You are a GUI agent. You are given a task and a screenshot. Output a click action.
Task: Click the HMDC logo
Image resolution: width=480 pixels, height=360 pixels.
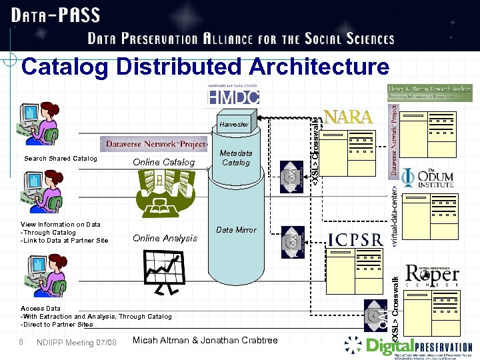233,96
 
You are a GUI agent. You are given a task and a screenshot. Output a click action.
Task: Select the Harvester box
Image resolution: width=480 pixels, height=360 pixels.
233,125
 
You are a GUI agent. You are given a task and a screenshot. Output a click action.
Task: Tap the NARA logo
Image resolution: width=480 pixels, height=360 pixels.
347,117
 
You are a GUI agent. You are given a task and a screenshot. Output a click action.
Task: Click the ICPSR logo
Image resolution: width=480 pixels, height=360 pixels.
355,239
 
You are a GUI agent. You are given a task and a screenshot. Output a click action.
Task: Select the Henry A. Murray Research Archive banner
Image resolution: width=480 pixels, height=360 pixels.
430,93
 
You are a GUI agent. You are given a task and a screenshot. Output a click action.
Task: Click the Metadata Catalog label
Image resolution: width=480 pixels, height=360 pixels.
236,157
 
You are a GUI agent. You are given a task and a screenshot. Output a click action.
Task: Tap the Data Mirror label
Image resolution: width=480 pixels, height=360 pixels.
236,230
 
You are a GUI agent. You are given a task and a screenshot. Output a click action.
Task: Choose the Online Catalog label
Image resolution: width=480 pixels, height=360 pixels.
163,162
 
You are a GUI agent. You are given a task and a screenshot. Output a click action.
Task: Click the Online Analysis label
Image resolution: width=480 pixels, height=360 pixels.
165,238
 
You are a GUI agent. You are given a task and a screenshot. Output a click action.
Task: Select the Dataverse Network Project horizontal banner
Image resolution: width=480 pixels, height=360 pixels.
155,143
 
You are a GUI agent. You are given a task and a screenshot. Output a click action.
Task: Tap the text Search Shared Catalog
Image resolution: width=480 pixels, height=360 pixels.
60,159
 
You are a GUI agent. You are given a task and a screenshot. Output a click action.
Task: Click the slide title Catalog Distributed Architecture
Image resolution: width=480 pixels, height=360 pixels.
205,67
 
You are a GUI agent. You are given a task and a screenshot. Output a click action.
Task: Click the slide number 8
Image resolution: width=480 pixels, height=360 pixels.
21,342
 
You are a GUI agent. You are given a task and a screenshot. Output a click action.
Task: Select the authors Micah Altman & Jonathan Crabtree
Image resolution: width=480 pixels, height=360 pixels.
205,341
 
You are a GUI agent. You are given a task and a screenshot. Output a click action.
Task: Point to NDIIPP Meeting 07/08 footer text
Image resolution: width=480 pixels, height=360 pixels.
77,343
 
